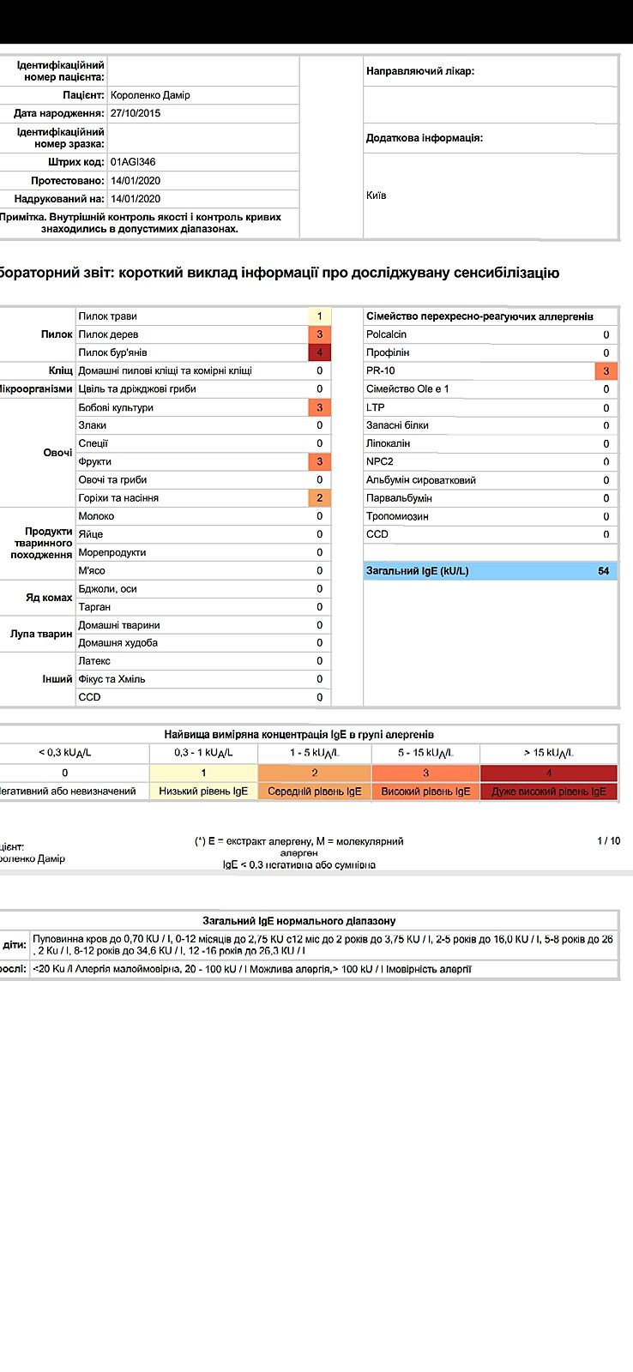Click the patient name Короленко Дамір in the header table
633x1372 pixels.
(x=150, y=95)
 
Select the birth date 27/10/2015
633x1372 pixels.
(x=136, y=113)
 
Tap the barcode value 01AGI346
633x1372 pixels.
(x=133, y=162)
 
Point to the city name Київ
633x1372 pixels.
(x=376, y=196)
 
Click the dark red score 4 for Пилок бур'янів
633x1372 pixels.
(x=319, y=352)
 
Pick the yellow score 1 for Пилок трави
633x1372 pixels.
(x=319, y=316)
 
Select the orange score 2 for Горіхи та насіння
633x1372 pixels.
(x=319, y=498)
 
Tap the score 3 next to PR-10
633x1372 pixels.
(x=606, y=371)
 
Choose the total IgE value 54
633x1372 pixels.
(x=603, y=571)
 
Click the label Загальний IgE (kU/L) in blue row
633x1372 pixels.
(x=418, y=571)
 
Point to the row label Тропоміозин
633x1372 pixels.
(x=397, y=516)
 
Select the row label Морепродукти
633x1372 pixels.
(x=112, y=552)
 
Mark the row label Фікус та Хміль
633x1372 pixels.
(x=112, y=679)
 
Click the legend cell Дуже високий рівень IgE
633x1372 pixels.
(x=548, y=791)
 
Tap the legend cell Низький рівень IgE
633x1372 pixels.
(x=203, y=791)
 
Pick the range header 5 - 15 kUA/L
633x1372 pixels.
(x=425, y=753)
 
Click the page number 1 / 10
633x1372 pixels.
(x=608, y=841)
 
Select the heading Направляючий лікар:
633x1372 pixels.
(x=420, y=71)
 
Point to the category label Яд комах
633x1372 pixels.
(x=49, y=598)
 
